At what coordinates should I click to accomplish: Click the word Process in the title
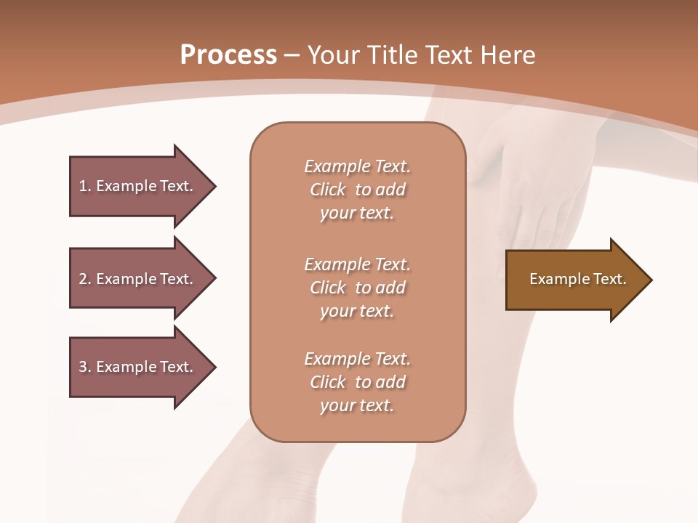point(228,55)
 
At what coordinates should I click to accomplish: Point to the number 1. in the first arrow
point(85,186)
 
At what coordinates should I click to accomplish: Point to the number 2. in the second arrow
point(85,279)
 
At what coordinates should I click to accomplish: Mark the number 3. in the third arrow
point(85,367)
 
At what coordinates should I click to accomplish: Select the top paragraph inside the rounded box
point(357,190)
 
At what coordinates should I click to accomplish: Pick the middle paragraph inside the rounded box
point(357,288)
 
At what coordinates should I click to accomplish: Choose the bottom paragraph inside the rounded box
point(357,382)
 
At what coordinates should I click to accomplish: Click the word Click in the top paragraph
point(327,190)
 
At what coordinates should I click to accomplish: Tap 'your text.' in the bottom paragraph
point(357,405)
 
